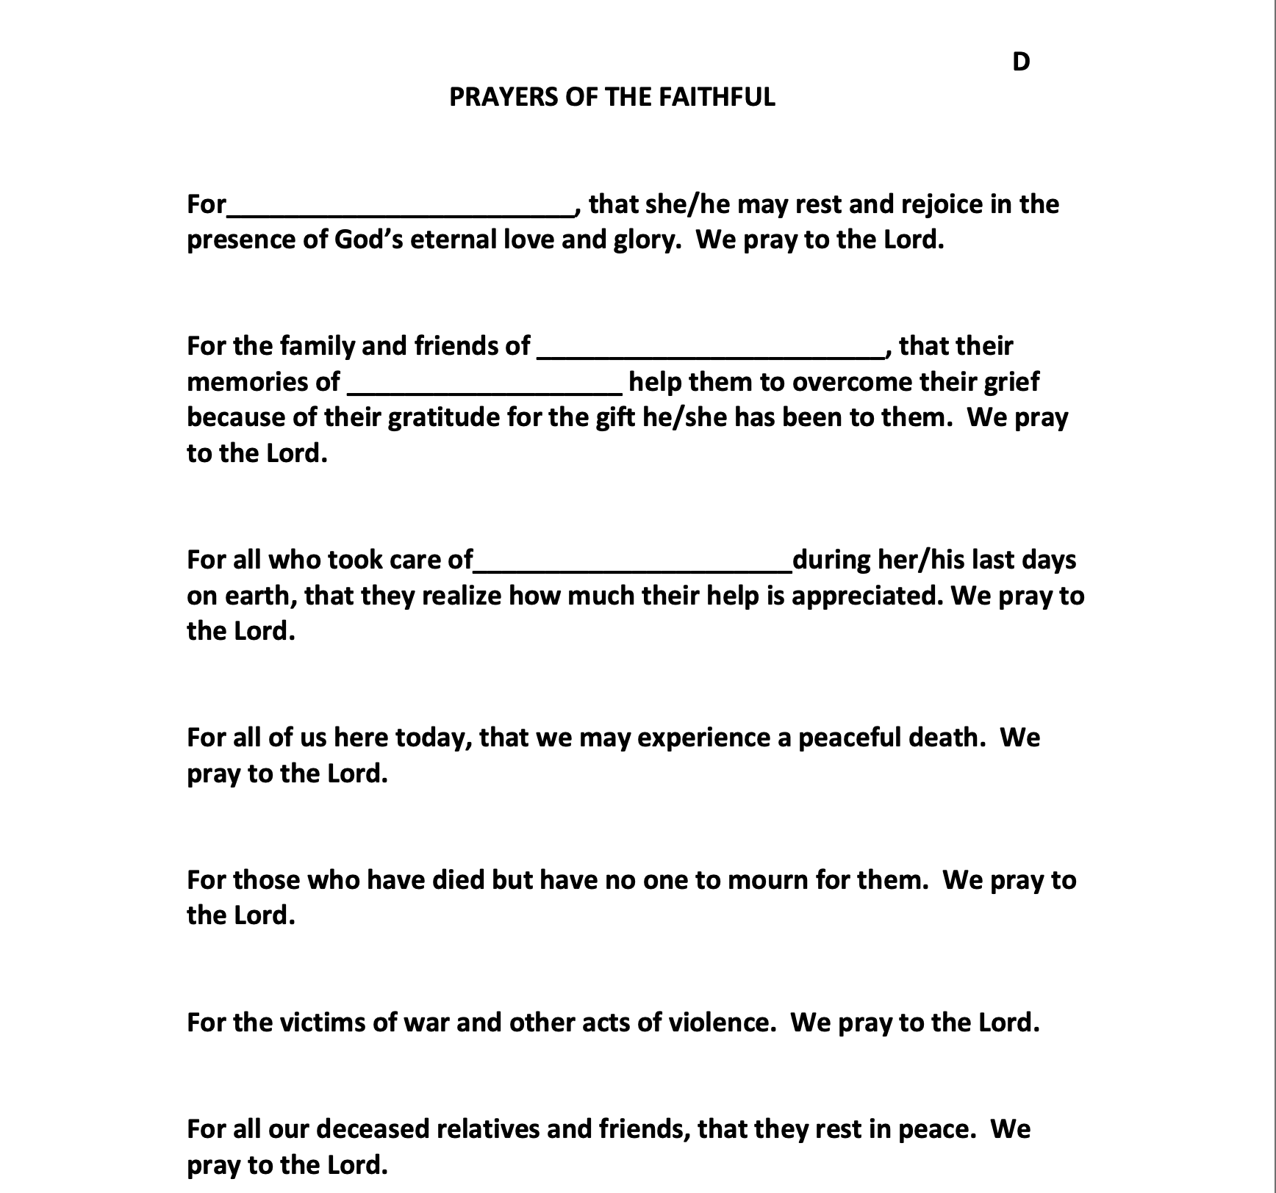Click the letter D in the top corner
[x=1021, y=62]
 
